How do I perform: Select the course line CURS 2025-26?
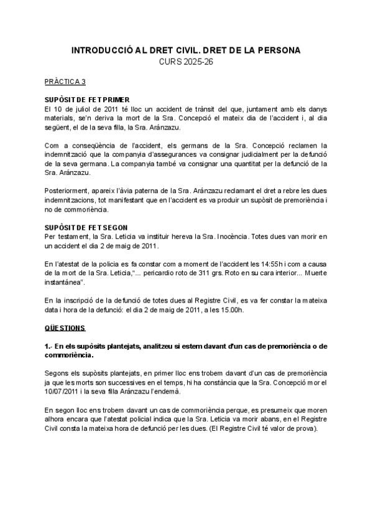tap(186, 61)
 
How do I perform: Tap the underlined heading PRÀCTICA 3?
tap(65, 82)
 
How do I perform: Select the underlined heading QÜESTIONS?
tap(65, 327)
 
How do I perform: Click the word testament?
tap(71, 237)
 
